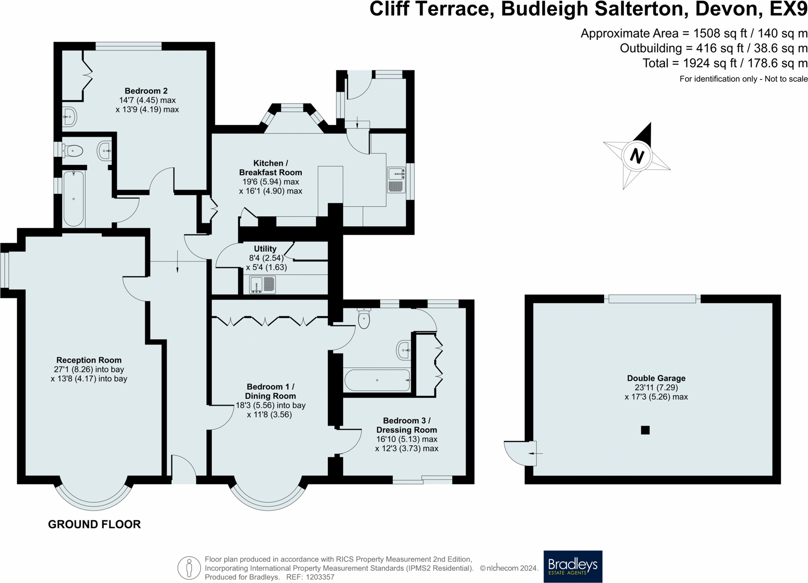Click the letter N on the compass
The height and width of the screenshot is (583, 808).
pyautogui.click(x=636, y=156)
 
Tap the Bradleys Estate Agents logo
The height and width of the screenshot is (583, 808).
pyautogui.click(x=573, y=566)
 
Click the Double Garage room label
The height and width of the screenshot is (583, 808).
pyautogui.click(x=656, y=378)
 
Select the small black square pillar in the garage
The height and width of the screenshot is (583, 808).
pyautogui.click(x=645, y=430)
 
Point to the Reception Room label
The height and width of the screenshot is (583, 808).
pyautogui.click(x=89, y=360)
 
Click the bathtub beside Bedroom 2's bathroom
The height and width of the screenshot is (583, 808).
pyautogui.click(x=73, y=198)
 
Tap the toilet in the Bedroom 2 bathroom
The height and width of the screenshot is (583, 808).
pyautogui.click(x=73, y=150)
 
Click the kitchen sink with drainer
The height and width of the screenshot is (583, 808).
pyautogui.click(x=396, y=180)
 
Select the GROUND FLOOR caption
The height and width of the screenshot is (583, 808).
pyautogui.click(x=94, y=524)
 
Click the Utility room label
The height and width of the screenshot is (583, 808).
pyautogui.click(x=265, y=249)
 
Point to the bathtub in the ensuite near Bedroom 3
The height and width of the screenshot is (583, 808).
pyautogui.click(x=377, y=380)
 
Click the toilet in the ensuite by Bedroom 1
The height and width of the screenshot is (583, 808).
pyautogui.click(x=364, y=318)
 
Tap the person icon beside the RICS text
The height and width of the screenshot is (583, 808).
pyautogui.click(x=189, y=568)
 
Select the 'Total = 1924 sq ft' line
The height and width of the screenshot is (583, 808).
pyautogui.click(x=725, y=63)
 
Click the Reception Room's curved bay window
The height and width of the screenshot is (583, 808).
pyautogui.click(x=94, y=500)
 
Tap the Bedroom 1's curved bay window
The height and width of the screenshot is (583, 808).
pyautogui.click(x=268, y=500)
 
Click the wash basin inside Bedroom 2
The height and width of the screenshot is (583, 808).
pyautogui.click(x=69, y=117)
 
